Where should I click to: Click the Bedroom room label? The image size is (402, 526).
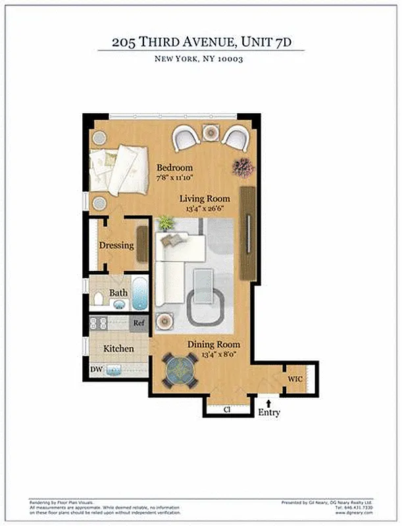tap(174, 168)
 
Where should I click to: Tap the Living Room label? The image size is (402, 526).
tap(206, 199)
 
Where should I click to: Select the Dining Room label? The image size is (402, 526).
tap(214, 345)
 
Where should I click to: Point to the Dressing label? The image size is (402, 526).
tap(116, 246)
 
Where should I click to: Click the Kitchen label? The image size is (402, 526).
tap(118, 348)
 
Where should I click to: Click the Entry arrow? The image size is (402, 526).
tap(268, 400)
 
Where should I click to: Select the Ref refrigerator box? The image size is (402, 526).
tap(139, 323)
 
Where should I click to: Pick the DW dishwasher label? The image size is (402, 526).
tap(96, 370)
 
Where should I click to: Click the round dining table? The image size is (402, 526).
tap(180, 370)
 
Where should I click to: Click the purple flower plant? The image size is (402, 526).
tap(242, 167)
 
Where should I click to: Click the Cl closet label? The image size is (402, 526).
tap(226, 409)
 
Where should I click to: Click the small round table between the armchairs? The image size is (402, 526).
tap(210, 133)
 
